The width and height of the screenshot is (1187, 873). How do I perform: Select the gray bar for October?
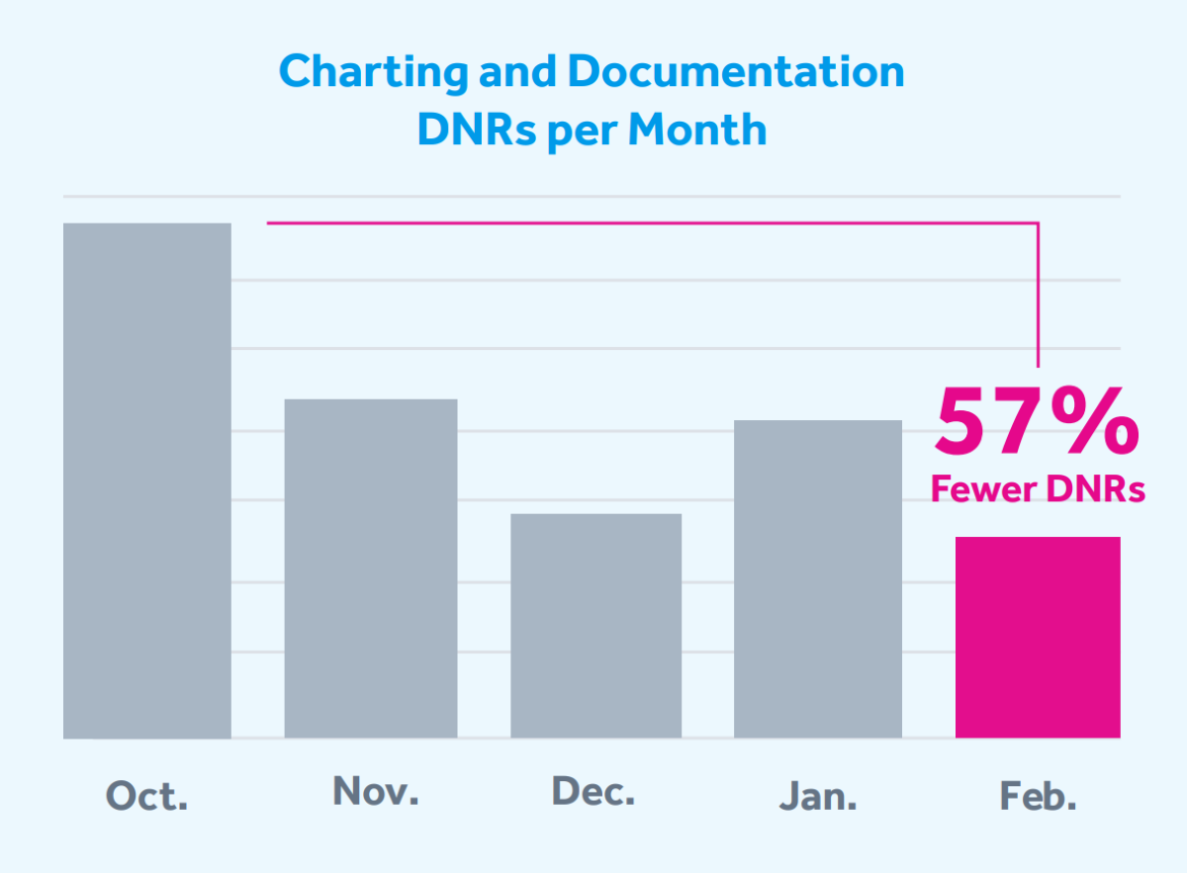(x=147, y=480)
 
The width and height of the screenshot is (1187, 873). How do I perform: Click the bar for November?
(x=371, y=568)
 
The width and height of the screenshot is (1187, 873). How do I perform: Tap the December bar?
(x=595, y=625)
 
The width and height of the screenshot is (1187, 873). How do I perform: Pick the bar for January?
(x=818, y=578)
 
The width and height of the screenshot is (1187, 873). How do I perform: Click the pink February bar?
(x=1038, y=637)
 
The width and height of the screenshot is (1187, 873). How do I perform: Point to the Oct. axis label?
(x=147, y=796)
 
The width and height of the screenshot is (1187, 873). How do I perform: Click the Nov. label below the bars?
(x=376, y=791)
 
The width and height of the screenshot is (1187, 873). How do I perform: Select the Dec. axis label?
(x=593, y=791)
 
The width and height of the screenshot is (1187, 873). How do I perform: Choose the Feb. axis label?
(x=1037, y=796)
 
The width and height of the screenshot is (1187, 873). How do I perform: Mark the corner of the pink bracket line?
(x=1038, y=223)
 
